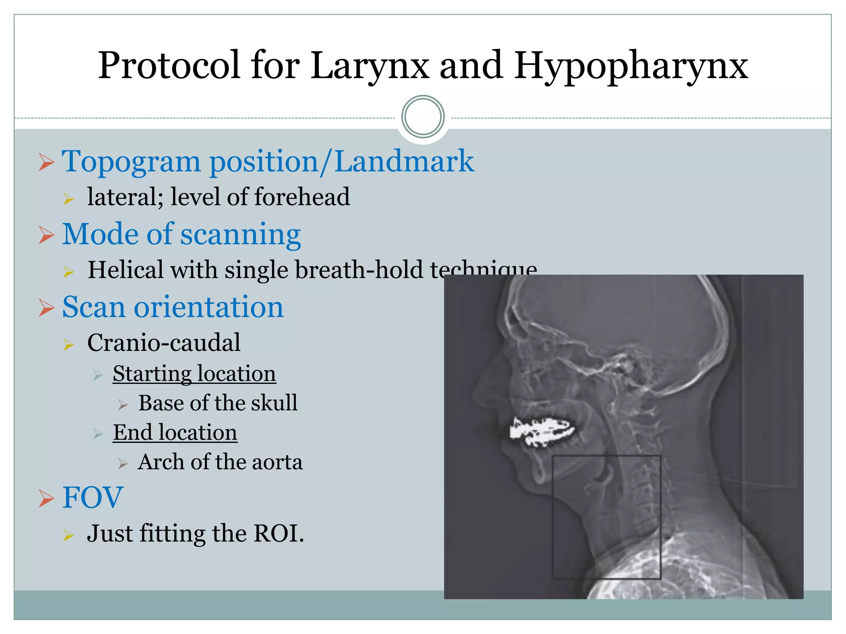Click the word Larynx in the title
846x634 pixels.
coord(370,66)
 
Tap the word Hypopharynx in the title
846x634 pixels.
coord(631,66)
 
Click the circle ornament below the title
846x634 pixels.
coord(423,117)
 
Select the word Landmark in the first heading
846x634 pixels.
coord(404,161)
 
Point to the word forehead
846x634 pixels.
coord(302,197)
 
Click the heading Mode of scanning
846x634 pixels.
coord(181,234)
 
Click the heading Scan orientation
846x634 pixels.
coord(173,308)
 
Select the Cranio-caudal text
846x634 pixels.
coord(164,343)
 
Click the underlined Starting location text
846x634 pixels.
coord(194,374)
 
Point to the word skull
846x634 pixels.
coord(274,403)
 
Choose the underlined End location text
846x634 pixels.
coord(175,433)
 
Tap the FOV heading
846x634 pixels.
coord(93,498)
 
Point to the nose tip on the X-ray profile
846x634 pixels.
coord(475,390)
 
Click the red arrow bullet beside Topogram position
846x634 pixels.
coord(46,162)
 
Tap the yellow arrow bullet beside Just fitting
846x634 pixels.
coord(68,536)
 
